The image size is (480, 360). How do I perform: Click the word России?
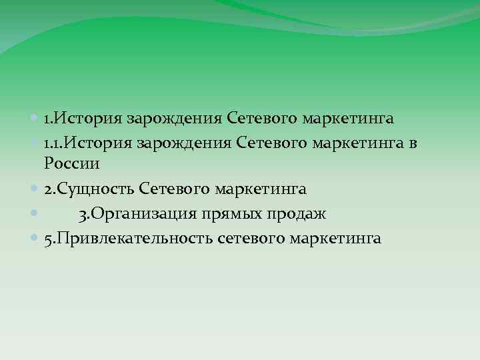(x=71, y=164)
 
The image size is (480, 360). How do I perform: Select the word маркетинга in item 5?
(x=341, y=239)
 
